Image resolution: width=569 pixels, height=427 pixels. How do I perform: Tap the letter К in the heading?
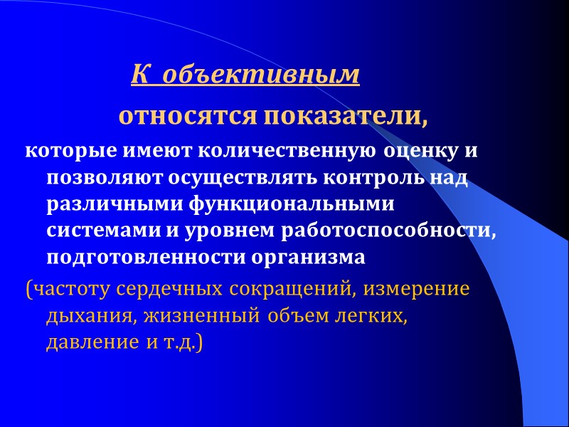click(x=139, y=74)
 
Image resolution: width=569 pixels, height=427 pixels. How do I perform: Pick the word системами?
click(x=92, y=231)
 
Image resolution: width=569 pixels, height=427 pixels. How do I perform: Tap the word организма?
click(x=307, y=258)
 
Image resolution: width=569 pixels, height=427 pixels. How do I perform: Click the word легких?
click(x=373, y=317)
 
